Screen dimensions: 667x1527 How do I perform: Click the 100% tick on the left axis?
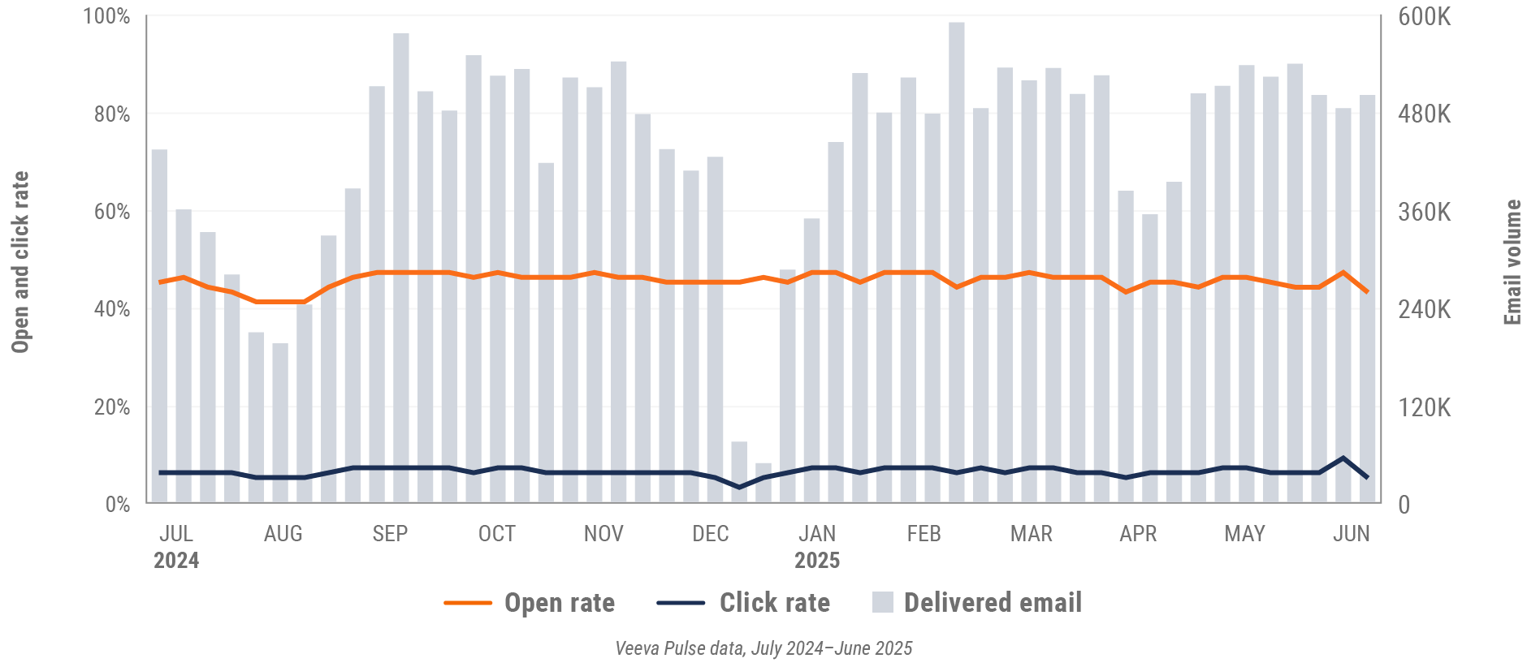click(x=106, y=16)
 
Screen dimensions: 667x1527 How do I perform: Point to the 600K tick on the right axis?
click(x=1424, y=16)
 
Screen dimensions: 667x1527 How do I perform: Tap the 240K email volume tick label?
click(x=1424, y=309)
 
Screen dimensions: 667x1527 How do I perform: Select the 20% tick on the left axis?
click(x=111, y=407)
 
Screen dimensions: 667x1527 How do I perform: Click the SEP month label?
click(x=390, y=533)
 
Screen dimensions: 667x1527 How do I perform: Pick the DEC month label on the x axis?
click(x=710, y=533)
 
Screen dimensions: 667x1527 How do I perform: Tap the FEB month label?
click(x=924, y=533)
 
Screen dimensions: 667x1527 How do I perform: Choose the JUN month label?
click(x=1351, y=533)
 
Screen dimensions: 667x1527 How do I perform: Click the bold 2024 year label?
click(x=176, y=561)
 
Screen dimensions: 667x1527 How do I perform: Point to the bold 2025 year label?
click(x=817, y=561)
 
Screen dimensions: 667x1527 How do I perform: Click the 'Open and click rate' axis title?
click(x=20, y=262)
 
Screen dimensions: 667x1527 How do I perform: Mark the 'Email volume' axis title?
click(x=1512, y=262)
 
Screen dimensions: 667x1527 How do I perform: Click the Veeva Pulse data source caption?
click(x=763, y=648)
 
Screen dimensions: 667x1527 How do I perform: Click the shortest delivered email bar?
click(x=763, y=483)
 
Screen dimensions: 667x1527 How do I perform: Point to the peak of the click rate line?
click(x=1343, y=458)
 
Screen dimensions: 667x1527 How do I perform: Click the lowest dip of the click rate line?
click(x=739, y=487)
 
